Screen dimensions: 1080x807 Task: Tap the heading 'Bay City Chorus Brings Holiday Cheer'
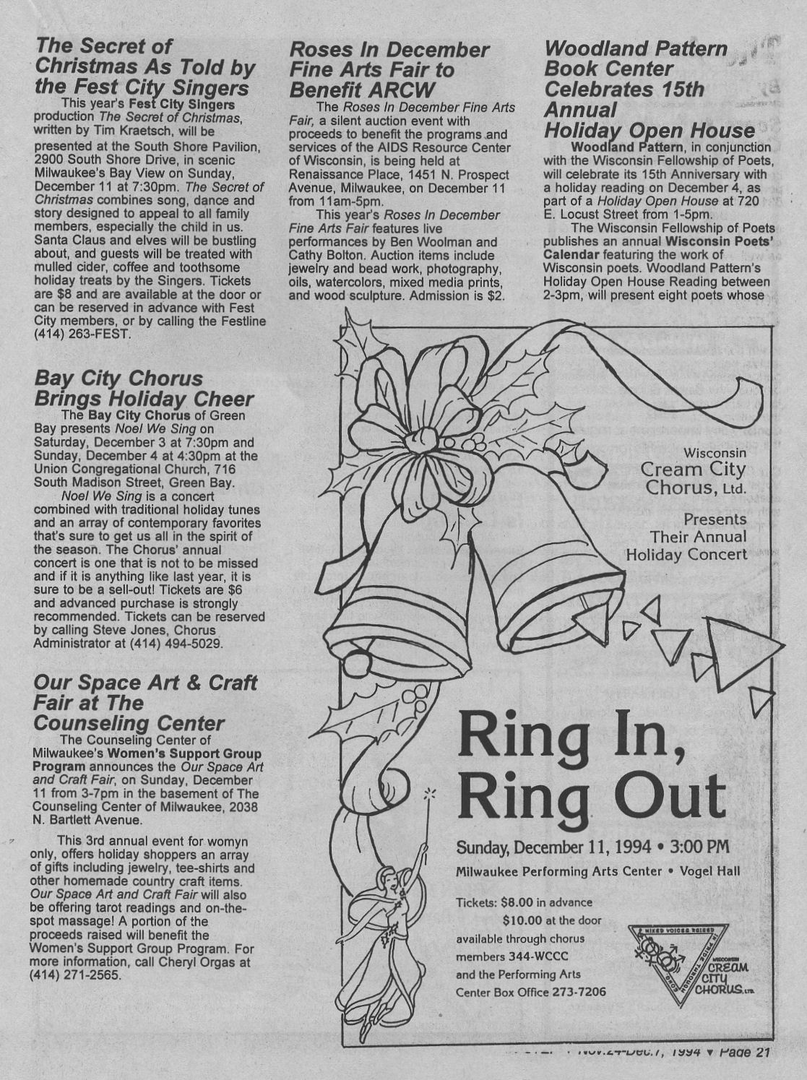(143, 389)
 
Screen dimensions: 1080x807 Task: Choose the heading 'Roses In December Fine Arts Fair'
(389, 70)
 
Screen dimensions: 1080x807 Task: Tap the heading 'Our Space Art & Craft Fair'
(144, 702)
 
